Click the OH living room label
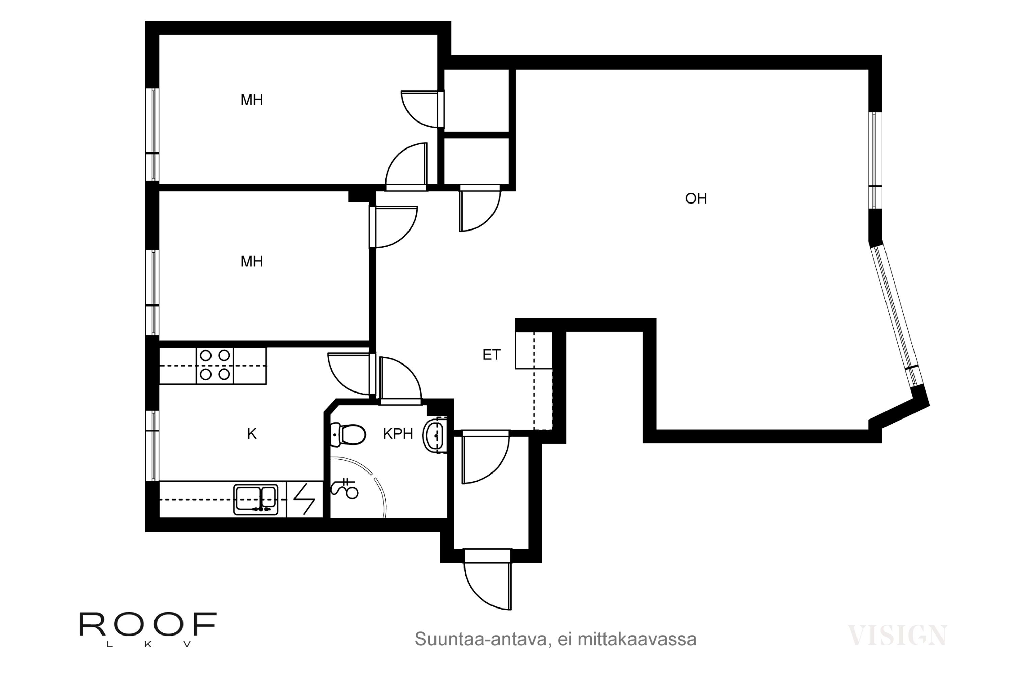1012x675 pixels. [696, 198]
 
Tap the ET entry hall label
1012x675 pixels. [491, 355]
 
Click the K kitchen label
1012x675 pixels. [252, 434]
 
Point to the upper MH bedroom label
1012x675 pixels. [252, 100]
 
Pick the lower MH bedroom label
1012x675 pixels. [252, 261]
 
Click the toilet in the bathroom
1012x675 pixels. [348, 434]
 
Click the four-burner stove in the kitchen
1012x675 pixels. [215, 366]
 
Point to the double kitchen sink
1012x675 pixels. [256, 500]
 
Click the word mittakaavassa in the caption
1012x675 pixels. [637, 639]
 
